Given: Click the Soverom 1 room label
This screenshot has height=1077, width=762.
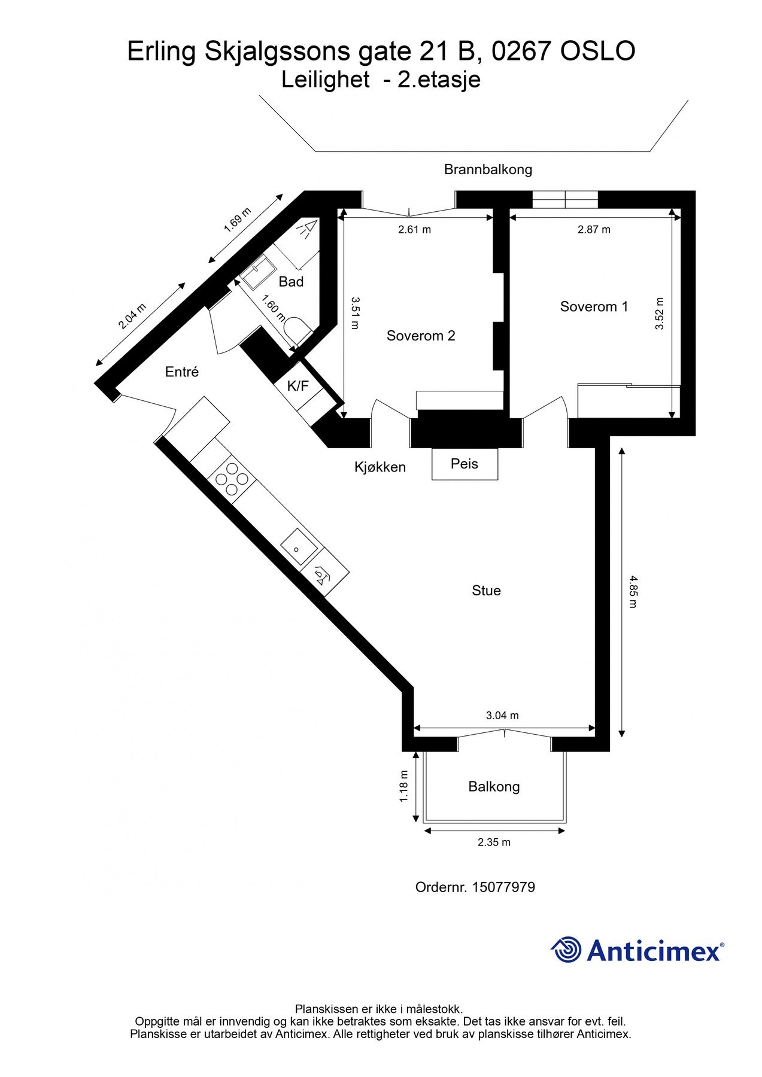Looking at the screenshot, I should [594, 307].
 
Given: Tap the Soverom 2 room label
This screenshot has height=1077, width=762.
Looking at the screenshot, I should [421, 336].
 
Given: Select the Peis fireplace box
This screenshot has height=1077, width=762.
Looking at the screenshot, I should [465, 464].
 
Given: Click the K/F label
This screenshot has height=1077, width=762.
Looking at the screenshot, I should [297, 387].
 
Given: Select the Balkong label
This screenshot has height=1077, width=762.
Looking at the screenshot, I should [494, 787].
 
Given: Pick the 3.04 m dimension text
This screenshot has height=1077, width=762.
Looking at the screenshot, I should [502, 716].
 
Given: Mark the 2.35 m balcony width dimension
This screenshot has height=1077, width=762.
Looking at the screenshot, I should [494, 842].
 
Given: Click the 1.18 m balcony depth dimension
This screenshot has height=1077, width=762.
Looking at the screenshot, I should [404, 786].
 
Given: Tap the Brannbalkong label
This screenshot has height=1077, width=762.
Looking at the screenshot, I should [488, 170].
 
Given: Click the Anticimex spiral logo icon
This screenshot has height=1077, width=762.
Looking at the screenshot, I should [566, 950].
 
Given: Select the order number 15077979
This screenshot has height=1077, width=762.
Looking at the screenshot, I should [503, 887].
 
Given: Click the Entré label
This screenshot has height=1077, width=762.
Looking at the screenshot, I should [182, 372].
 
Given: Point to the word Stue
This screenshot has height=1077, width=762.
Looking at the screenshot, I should [486, 591].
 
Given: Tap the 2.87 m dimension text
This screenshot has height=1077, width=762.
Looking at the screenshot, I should [594, 230].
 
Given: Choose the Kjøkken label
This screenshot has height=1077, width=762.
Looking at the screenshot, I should [380, 467].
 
